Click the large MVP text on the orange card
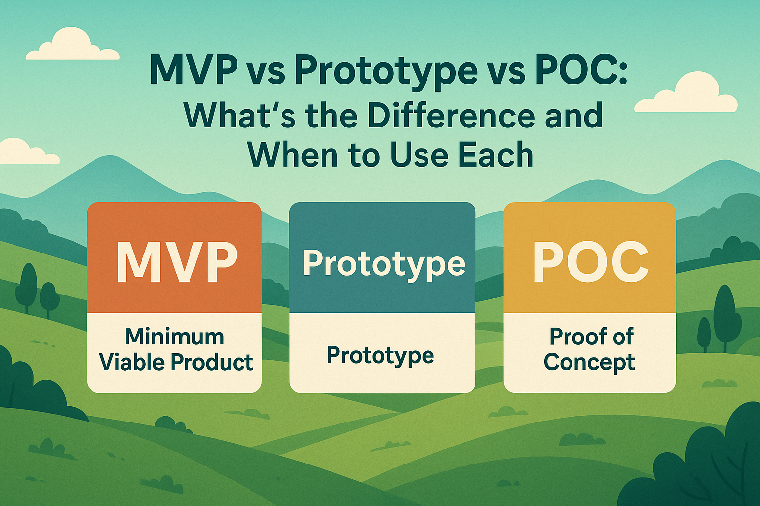(177, 261)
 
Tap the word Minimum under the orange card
(174, 337)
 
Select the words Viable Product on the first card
(176, 362)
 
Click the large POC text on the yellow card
(591, 261)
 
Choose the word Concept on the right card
(589, 363)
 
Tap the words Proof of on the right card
(591, 337)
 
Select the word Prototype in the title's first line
(386, 73)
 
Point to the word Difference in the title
(451, 116)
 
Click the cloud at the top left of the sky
(72, 45)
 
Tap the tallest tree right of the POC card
(725, 317)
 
